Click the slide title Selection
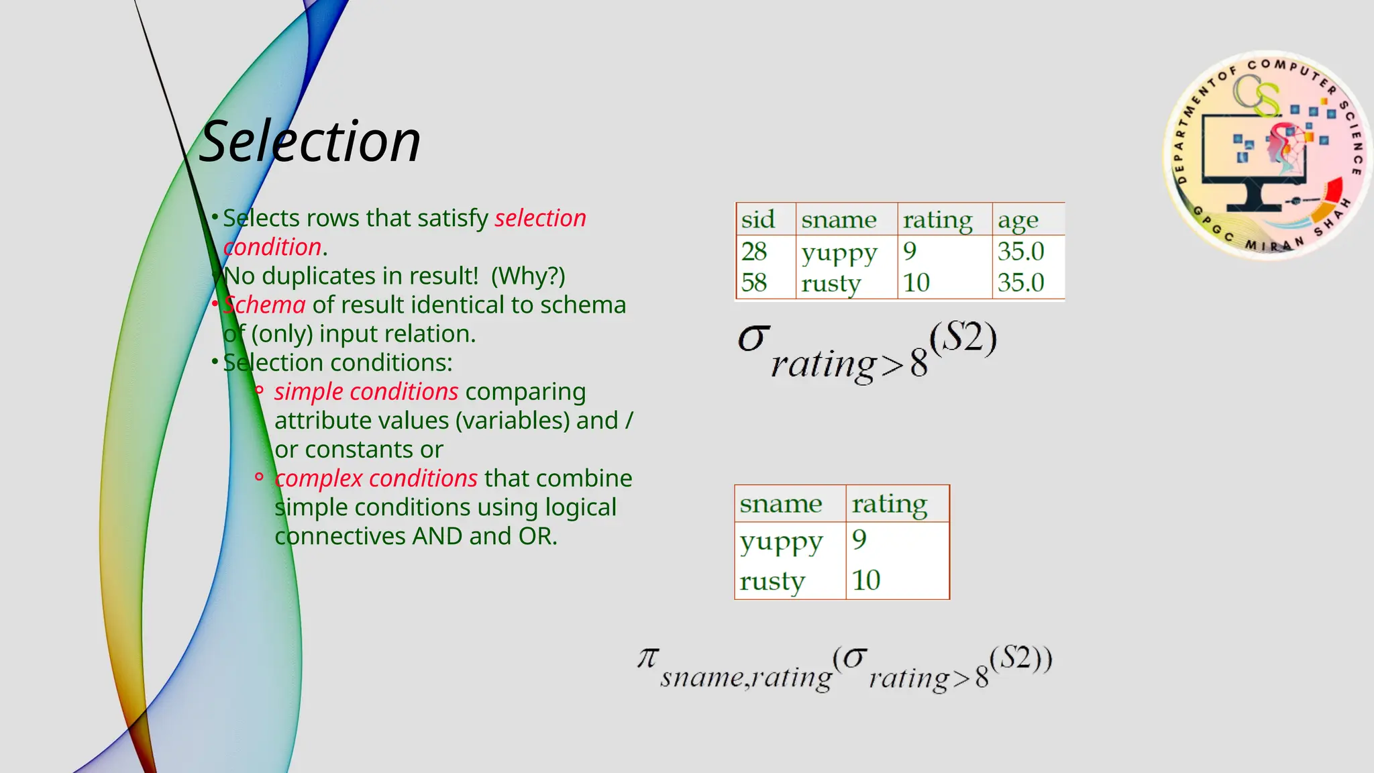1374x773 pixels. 310,142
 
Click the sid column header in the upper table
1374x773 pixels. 757,219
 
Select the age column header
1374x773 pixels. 1018,220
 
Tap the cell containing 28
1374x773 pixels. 754,252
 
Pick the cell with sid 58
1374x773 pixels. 754,282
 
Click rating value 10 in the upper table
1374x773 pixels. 916,282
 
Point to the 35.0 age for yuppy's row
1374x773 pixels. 1020,252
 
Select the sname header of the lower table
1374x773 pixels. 780,504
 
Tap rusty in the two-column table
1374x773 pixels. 772,580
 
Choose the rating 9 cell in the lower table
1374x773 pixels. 859,539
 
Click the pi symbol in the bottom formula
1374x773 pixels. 648,658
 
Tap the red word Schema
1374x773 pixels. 264,305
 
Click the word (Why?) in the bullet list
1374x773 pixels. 528,276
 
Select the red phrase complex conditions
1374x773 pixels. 376,478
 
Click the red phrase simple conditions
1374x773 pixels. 366,391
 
